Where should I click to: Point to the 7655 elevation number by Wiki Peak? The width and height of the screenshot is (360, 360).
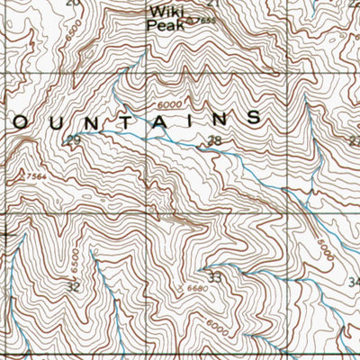[x=208, y=21]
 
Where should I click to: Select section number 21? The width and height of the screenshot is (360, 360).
[x=213, y=4]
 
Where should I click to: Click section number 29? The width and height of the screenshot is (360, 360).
[x=73, y=139]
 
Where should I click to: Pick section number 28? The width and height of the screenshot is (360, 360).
[x=213, y=139]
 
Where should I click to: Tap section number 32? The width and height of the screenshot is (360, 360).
[x=74, y=286]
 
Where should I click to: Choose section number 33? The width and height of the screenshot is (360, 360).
[x=214, y=278]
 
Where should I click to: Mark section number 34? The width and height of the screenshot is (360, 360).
[x=353, y=283]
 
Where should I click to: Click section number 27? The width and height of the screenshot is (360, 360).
[x=354, y=141]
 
